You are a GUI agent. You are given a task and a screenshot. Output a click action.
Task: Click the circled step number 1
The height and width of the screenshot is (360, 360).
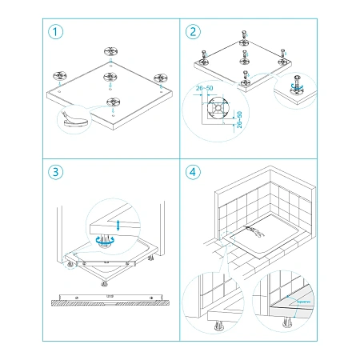[55, 33]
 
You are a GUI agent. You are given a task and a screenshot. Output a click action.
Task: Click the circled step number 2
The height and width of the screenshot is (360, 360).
[194, 33]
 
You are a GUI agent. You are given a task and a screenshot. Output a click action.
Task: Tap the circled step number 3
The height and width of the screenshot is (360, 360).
[55, 172]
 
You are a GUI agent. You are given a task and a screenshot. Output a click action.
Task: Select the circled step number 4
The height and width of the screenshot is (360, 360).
[194, 172]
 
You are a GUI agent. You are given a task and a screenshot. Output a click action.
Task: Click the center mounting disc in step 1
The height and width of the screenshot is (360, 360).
[107, 79]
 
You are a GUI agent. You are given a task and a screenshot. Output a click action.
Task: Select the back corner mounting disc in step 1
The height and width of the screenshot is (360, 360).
[110, 51]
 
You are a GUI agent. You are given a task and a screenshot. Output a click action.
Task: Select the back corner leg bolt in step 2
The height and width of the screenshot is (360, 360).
[242, 37]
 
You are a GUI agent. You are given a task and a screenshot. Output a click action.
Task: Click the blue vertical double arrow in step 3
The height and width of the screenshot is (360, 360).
[118, 226]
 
